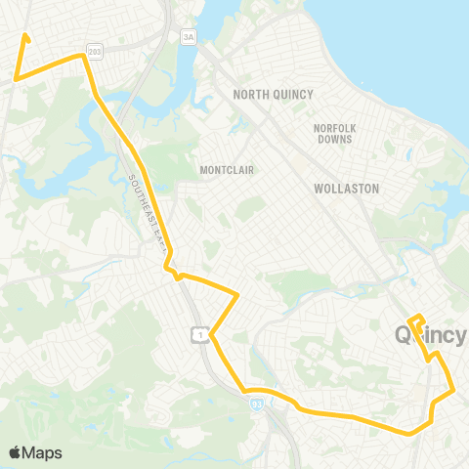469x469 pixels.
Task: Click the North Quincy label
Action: (273, 94)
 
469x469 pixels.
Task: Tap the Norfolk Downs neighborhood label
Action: (341, 133)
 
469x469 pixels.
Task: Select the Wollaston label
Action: (346, 188)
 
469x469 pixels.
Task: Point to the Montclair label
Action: (227, 170)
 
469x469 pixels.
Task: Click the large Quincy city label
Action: (430, 335)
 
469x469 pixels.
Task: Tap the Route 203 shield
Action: (94, 50)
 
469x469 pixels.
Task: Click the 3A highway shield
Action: (189, 36)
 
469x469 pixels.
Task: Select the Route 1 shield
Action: (199, 335)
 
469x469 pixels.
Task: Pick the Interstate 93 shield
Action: (257, 404)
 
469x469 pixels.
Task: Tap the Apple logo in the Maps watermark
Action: (16, 452)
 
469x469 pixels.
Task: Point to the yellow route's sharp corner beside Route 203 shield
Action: (83, 56)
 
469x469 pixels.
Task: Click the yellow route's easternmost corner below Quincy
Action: (455, 392)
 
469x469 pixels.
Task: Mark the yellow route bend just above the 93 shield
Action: (246, 391)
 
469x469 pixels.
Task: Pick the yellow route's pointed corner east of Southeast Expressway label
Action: (238, 293)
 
